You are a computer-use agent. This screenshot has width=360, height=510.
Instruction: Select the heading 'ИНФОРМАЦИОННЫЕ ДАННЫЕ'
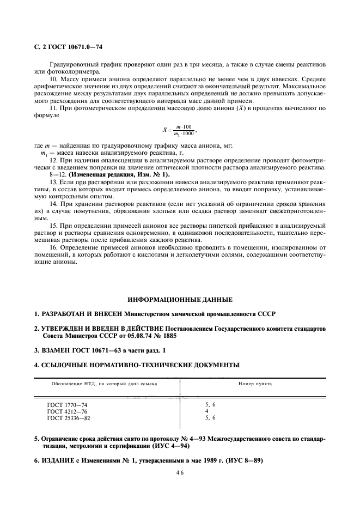pos(180,300)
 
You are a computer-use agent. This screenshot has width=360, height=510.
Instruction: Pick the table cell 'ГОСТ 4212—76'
pos(67,411)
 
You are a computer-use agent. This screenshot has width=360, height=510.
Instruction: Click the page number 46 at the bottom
pos(179,475)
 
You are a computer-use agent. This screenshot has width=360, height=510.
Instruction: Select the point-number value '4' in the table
pos(207,411)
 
